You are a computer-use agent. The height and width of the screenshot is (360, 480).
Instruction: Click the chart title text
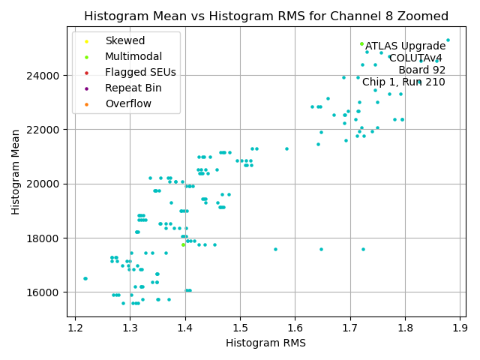tap(266, 16)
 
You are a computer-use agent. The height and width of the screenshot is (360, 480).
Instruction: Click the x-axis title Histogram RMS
tap(266, 343)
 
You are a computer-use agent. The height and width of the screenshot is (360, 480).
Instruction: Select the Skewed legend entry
tap(125, 40)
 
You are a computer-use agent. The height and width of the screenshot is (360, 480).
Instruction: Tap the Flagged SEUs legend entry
tap(140, 72)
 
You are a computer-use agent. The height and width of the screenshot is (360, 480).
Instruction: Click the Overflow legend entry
tap(128, 103)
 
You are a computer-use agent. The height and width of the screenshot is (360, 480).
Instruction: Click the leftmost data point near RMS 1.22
tap(85, 278)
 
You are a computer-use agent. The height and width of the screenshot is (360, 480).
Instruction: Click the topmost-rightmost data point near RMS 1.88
tap(448, 40)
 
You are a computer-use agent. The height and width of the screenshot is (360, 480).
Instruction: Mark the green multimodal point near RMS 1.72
tap(361, 43)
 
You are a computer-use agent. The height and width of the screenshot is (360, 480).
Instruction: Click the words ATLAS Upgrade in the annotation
tap(406, 46)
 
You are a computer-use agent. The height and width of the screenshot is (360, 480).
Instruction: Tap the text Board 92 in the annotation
tap(421, 70)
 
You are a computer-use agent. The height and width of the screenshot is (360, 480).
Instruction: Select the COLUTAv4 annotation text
tap(415, 58)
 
